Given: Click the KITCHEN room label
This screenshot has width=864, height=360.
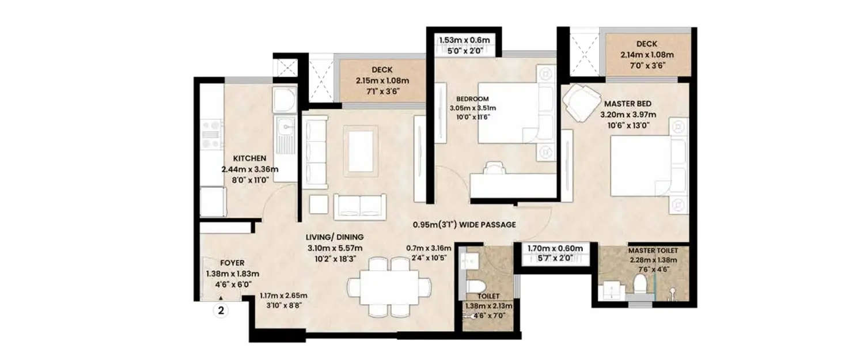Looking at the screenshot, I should pyautogui.click(x=249, y=158).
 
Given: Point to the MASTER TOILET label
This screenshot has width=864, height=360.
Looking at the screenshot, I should pyautogui.click(x=652, y=251).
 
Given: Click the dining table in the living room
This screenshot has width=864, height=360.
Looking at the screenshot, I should pyautogui.click(x=389, y=286).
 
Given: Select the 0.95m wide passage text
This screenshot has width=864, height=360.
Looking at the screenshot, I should pyautogui.click(x=464, y=225).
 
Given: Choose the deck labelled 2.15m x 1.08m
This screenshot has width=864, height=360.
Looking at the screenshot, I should pyautogui.click(x=382, y=81).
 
